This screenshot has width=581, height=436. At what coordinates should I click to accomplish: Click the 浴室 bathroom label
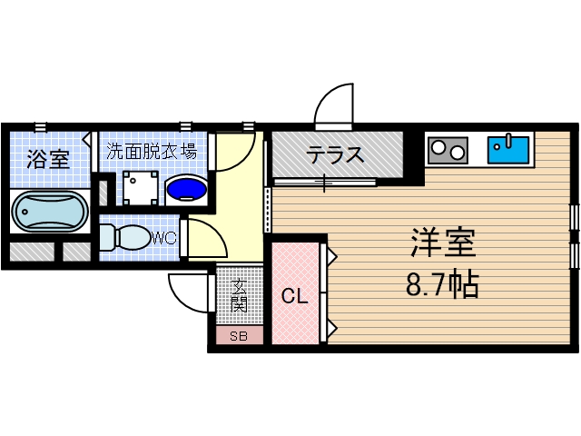coord(48,160)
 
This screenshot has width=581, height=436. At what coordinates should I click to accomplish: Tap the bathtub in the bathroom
coord(49,213)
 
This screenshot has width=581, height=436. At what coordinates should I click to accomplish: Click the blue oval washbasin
coord(188,188)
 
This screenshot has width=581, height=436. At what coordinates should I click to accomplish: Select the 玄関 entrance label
coord(240,297)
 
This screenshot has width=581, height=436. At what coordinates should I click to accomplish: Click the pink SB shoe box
coord(239,337)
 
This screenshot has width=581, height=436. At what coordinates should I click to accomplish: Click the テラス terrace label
coord(335,154)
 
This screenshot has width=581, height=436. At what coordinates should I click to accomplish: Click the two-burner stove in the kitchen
coord(448,148)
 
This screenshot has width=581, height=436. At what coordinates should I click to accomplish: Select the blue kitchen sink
coord(508,148)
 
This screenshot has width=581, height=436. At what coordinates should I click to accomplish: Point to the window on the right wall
coord(574,234)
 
